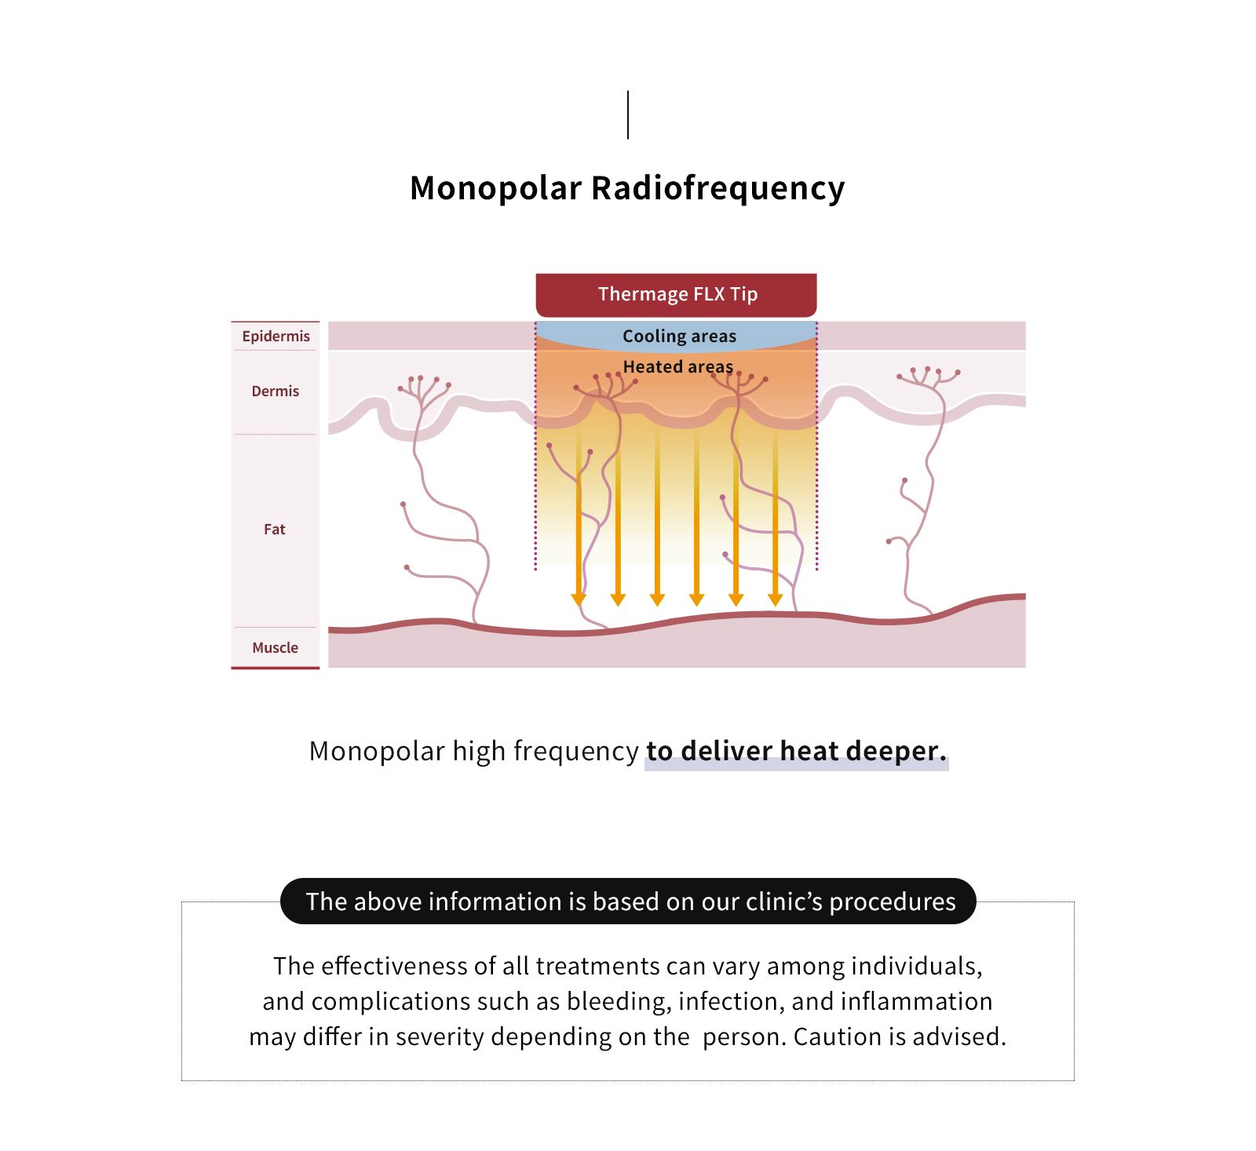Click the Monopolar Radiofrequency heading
pyautogui.click(x=627, y=188)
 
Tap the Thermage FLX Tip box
pyautogui.click(x=676, y=295)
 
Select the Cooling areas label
pyautogui.click(x=679, y=336)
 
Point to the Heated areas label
pyautogui.click(x=677, y=366)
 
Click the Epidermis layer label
pyautogui.click(x=276, y=336)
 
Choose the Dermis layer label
pyautogui.click(x=275, y=391)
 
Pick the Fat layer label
pyautogui.click(x=274, y=529)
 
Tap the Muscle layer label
pyautogui.click(x=275, y=647)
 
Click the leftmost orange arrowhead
pyautogui.click(x=579, y=600)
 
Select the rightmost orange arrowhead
pyautogui.click(x=775, y=600)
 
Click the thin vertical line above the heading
pyautogui.click(x=628, y=115)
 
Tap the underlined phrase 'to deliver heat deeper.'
pyautogui.click(x=796, y=752)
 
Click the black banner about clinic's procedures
pyautogui.click(x=628, y=901)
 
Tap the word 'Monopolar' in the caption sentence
pyautogui.click(x=377, y=752)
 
